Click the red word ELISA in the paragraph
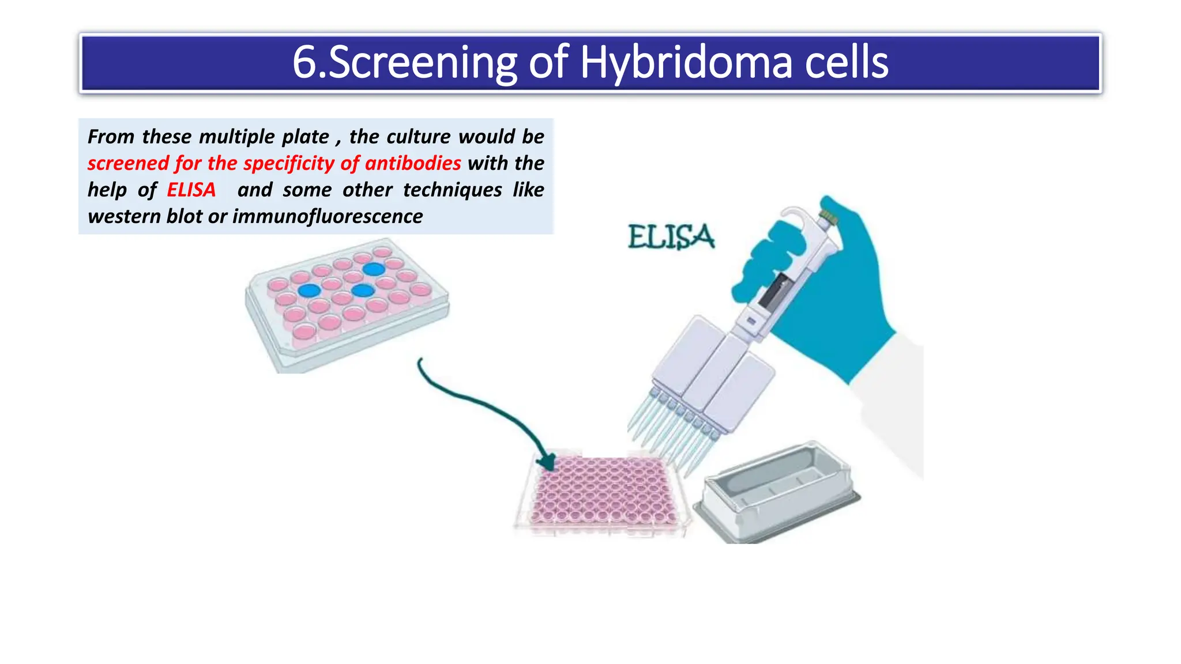(191, 190)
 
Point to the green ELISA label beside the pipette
(671, 237)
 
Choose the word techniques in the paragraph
(452, 190)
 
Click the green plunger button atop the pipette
(829, 216)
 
